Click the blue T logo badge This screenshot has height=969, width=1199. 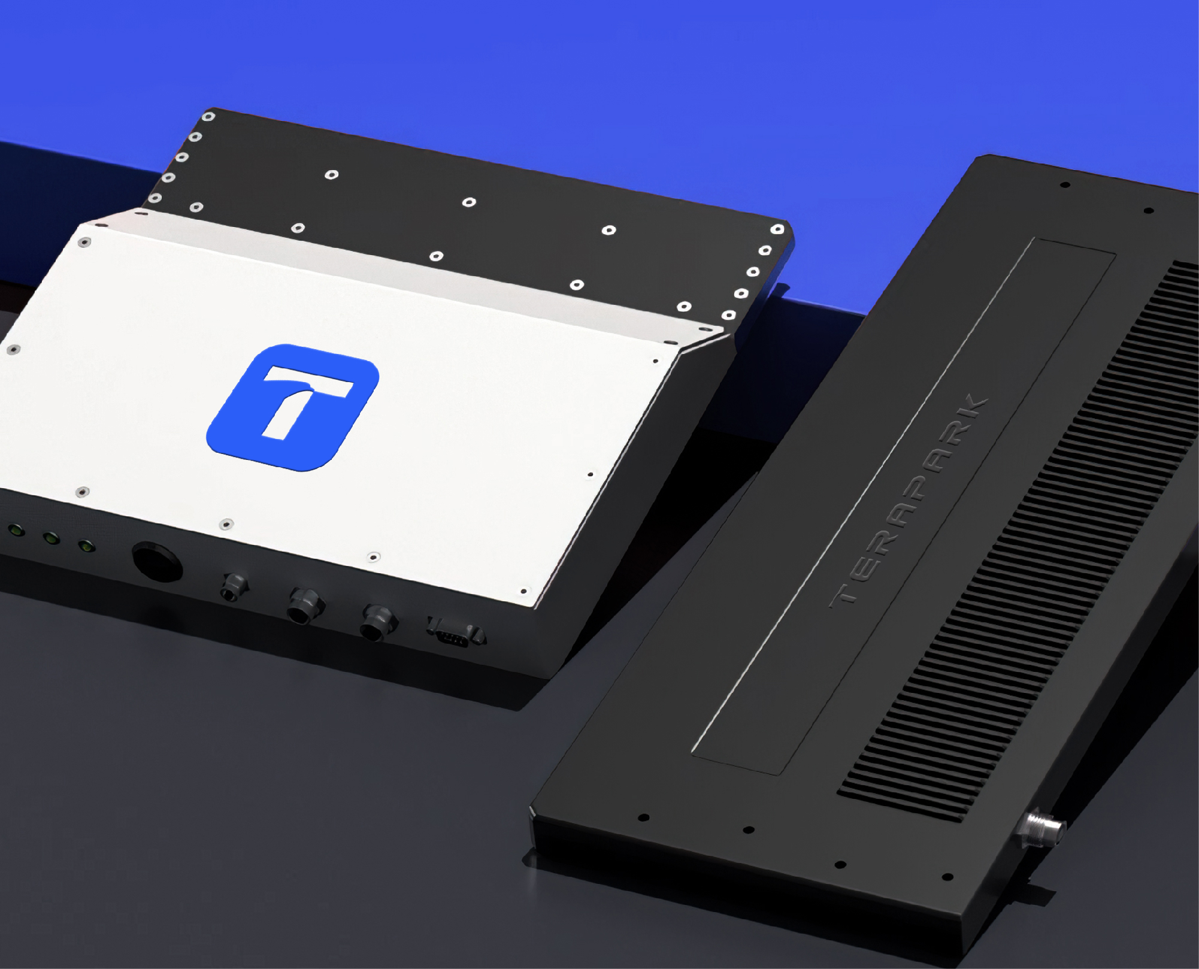293,407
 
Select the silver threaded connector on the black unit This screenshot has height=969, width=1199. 1040,828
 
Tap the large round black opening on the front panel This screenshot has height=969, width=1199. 158,562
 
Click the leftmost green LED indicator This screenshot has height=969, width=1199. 15,530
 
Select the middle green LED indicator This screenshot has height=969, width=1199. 51,538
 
